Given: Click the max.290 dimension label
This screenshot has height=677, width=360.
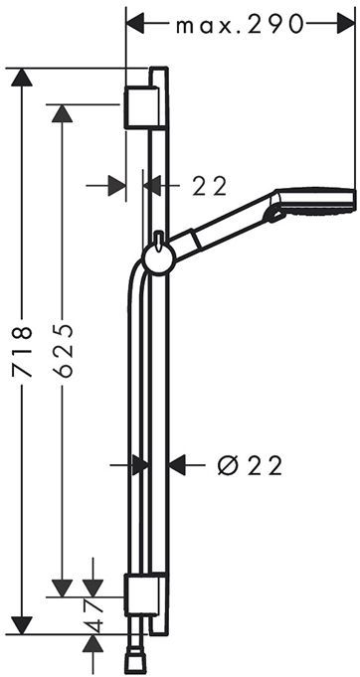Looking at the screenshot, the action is pos(240,26).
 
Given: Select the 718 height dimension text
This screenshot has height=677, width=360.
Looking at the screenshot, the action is pos(22,352).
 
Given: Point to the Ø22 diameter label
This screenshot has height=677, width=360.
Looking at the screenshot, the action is pos(250,465).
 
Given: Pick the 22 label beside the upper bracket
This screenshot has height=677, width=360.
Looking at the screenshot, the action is pos(210,187).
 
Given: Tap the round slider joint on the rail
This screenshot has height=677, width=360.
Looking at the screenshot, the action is pos(158,259).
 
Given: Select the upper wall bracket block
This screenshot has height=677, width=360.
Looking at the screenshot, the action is pos(141,107).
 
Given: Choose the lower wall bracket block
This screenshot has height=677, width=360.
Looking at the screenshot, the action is pos(141,594).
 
